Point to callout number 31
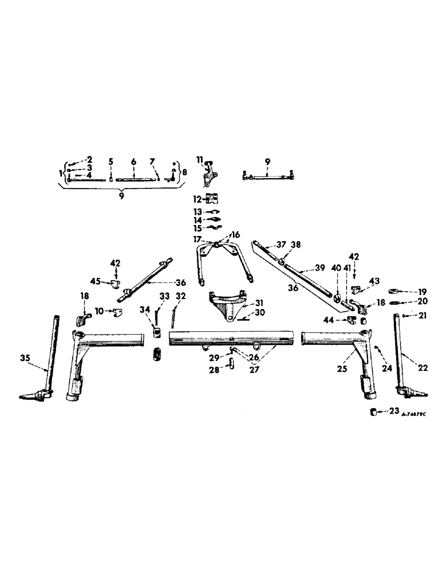[259, 303]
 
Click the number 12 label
[196, 199]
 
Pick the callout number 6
[133, 162]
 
